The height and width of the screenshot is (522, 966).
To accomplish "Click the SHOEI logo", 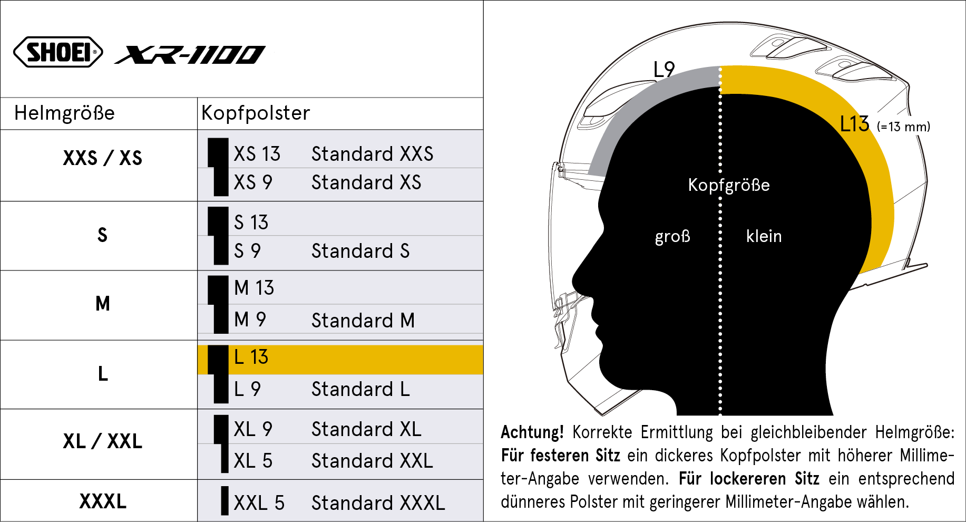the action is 58,52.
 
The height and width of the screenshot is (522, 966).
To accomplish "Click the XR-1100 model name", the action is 190,54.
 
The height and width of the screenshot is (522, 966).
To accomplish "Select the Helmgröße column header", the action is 64,113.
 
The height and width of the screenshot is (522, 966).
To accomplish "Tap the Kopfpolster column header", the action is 256,113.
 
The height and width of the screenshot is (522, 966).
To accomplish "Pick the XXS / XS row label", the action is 103,158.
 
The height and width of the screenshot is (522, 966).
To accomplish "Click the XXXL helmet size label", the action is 103,501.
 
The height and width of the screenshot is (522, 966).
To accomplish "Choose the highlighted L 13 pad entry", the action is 251,357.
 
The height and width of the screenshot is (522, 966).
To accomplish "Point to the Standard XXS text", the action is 372,154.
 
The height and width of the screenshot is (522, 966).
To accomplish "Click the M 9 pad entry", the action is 250,320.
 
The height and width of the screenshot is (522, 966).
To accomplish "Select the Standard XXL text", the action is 372,461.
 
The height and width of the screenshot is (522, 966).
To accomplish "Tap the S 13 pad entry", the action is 251,223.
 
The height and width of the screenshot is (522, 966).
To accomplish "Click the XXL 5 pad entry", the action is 259,503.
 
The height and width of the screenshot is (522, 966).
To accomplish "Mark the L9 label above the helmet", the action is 664,69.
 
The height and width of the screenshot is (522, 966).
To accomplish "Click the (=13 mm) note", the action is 903,127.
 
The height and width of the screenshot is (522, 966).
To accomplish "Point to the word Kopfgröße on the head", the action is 729,185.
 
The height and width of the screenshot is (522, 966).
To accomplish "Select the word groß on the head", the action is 672,236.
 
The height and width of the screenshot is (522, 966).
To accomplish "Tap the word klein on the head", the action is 764,236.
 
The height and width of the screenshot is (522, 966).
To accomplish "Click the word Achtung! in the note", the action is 532,432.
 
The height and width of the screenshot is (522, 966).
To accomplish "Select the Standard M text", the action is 363,321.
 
